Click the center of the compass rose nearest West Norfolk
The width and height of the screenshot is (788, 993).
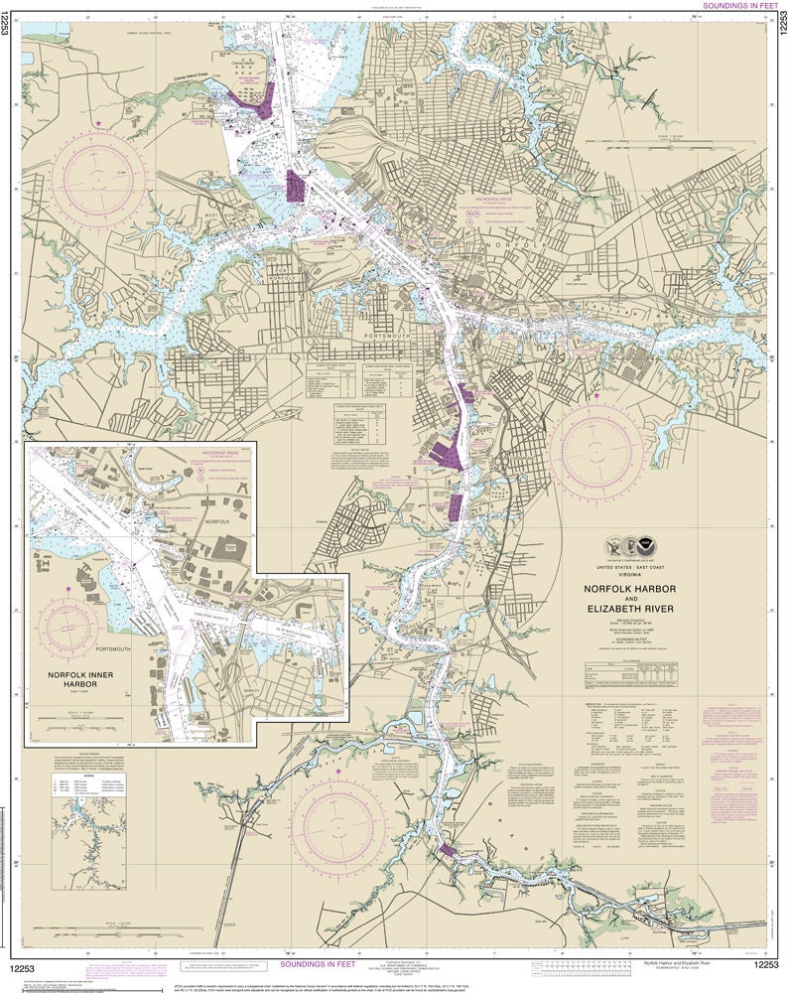[99, 179]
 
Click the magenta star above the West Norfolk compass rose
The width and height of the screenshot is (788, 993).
[99, 123]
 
